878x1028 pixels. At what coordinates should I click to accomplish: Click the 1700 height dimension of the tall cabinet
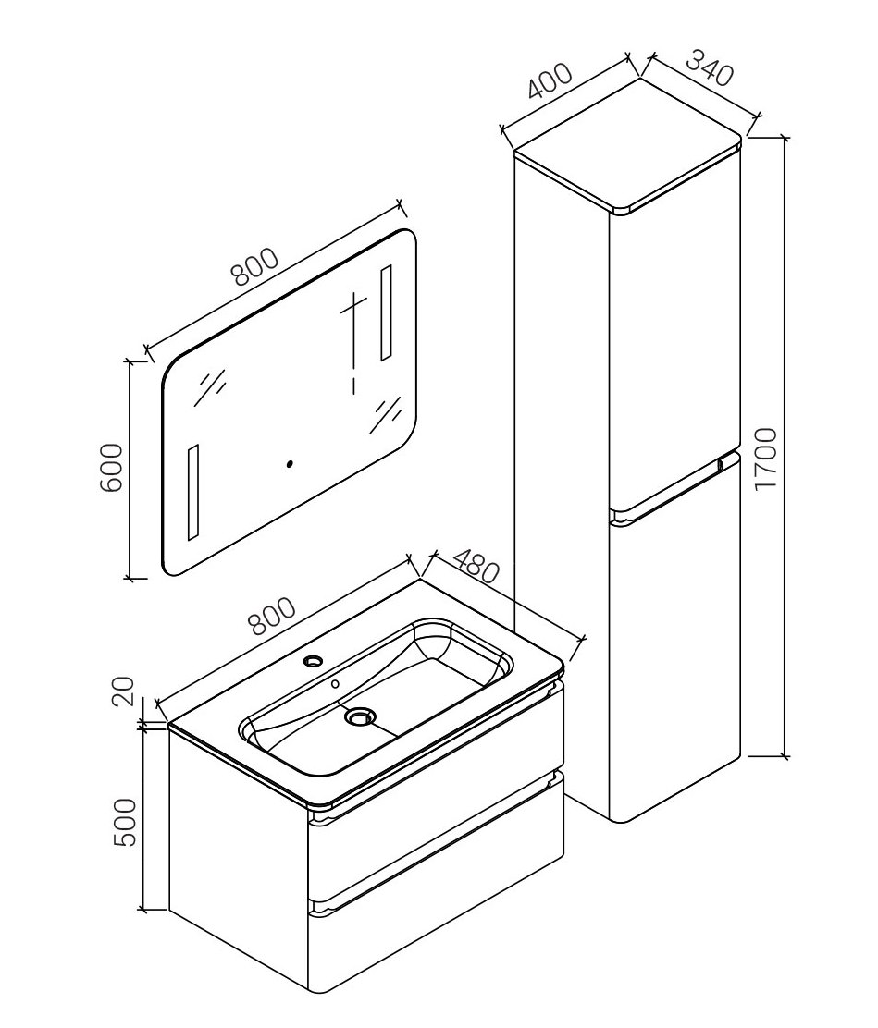(x=765, y=458)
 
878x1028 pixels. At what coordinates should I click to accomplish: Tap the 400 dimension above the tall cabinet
(x=550, y=80)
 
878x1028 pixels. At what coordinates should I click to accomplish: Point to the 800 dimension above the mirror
(x=255, y=267)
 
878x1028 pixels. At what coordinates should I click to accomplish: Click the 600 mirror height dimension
(x=111, y=467)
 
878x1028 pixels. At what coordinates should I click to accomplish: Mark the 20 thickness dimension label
(x=123, y=691)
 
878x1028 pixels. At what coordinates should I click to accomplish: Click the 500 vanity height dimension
(x=125, y=822)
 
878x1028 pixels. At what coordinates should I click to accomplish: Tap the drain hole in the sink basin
(x=359, y=717)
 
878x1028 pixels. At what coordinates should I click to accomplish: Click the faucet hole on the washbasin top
(x=313, y=660)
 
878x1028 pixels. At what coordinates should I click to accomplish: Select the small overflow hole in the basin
(x=335, y=684)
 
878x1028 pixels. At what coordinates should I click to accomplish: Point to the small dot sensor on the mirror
(x=290, y=464)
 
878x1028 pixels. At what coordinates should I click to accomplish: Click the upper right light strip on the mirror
(x=386, y=312)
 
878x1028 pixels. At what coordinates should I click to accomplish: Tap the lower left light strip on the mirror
(x=193, y=493)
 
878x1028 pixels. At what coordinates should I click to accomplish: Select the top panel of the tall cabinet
(x=628, y=145)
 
